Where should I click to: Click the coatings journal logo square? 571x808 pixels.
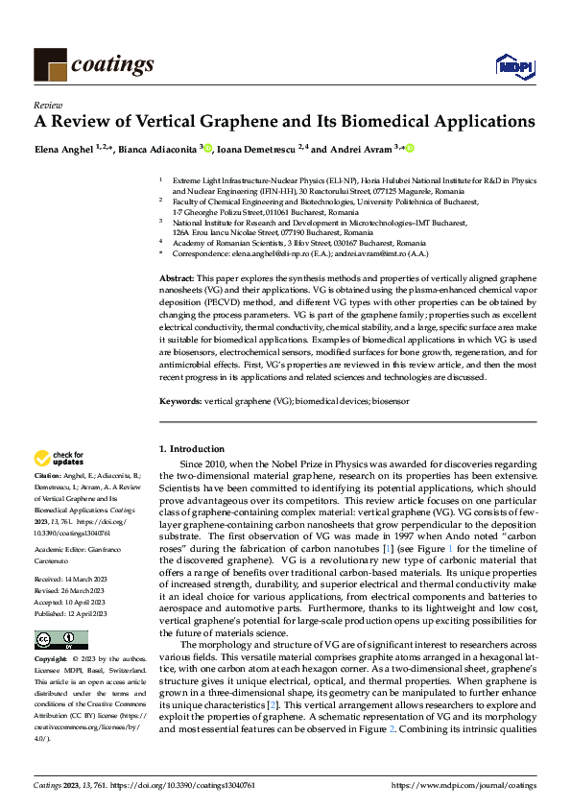coord(50,63)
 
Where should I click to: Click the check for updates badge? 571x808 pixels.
coord(59,459)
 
